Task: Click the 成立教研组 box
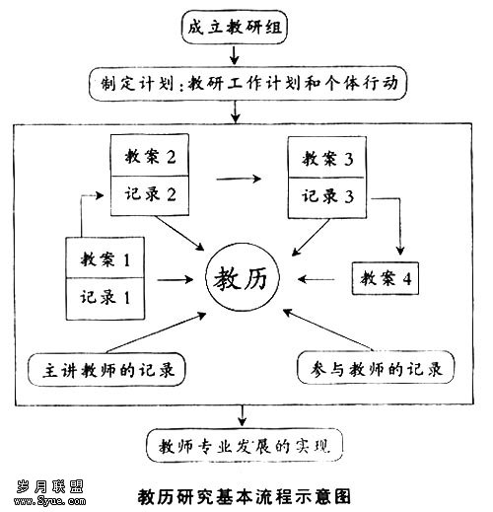coord(235,27)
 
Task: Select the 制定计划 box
coord(248,84)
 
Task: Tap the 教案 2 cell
coord(150,155)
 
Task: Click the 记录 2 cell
coord(150,195)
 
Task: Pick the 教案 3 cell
coord(327,158)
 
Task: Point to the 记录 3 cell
coord(327,198)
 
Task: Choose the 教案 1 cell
coord(106,257)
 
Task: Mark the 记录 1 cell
coord(106,299)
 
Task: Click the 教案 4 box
coord(386,278)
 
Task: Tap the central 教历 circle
coord(243,278)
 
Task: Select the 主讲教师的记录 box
coord(106,370)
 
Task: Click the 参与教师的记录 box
coord(376,368)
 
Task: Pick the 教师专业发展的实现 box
coord(245,446)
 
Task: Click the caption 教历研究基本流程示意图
coord(245,496)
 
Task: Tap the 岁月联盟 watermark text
coord(50,486)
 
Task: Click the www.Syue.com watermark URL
coord(50,501)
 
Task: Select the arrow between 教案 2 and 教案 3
coord(239,179)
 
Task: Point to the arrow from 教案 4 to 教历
coord(317,279)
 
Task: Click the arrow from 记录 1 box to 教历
coord(176,280)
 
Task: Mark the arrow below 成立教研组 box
coord(234,55)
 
